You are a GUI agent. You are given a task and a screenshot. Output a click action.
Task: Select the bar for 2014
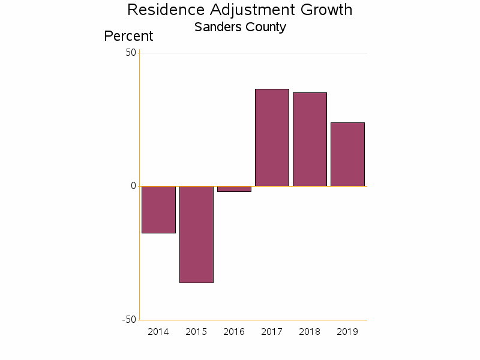(x=158, y=209)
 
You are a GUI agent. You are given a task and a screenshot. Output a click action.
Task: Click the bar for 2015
(x=196, y=234)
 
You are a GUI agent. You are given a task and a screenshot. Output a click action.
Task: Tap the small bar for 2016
(x=234, y=189)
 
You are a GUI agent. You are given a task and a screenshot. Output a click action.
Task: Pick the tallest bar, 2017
(x=272, y=137)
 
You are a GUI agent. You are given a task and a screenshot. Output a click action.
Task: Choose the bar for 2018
(x=310, y=139)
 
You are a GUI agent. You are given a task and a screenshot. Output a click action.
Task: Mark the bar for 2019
(x=347, y=154)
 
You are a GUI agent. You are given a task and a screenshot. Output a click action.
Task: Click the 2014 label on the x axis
(x=158, y=332)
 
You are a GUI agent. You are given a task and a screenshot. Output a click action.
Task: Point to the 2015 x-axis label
(x=196, y=332)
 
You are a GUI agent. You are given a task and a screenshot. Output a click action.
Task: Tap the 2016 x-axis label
(x=234, y=332)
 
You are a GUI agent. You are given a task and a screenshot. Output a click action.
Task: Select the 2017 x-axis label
(x=272, y=332)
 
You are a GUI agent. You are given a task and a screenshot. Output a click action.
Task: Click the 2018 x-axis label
(x=310, y=332)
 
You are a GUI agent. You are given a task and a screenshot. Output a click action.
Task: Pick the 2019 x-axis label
(x=347, y=332)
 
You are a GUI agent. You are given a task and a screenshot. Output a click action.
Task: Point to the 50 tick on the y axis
(x=131, y=53)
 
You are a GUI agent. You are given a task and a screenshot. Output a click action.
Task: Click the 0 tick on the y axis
(x=134, y=186)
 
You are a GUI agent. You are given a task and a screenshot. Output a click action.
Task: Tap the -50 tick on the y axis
(x=129, y=319)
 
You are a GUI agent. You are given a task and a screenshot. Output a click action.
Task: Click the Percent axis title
(x=128, y=36)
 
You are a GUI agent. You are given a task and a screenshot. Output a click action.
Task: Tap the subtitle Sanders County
(x=240, y=27)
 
